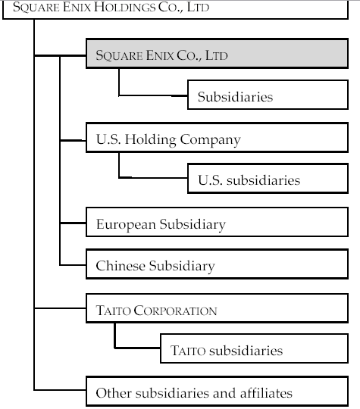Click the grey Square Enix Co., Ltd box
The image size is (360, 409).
click(x=218, y=54)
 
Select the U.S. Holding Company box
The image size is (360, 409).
click(x=218, y=137)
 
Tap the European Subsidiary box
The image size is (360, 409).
click(x=218, y=222)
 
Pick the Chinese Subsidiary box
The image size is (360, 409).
click(x=218, y=264)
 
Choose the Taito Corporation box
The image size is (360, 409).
click(x=218, y=308)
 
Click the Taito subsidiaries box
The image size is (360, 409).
click(x=254, y=348)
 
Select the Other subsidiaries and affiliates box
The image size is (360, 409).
click(x=218, y=391)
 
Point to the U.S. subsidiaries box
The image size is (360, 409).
click(x=268, y=179)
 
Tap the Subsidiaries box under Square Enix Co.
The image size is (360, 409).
click(x=268, y=95)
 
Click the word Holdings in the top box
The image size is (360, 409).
click(x=124, y=7)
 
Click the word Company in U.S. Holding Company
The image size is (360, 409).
click(x=210, y=140)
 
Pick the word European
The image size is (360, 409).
click(x=126, y=225)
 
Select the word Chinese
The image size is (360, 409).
click(x=121, y=266)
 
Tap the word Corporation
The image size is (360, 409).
click(x=175, y=311)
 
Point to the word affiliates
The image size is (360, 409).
click(x=266, y=393)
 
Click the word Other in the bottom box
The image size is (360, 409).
click(x=113, y=393)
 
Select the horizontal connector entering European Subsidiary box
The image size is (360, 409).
click(x=73, y=223)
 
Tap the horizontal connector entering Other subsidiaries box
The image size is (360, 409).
click(x=60, y=390)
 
